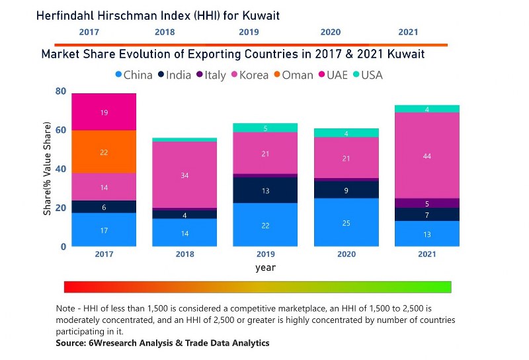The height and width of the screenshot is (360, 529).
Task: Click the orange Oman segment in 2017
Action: pyautogui.click(x=104, y=152)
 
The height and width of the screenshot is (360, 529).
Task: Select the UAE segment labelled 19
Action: pyautogui.click(x=104, y=112)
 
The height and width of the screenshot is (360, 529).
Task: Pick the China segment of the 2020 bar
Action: pyautogui.click(x=346, y=222)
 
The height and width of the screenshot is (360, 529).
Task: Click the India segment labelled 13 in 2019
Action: pyautogui.click(x=265, y=190)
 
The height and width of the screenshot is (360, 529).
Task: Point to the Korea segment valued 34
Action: pyautogui.click(x=184, y=175)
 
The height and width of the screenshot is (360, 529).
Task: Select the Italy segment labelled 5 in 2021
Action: pyautogui.click(x=427, y=203)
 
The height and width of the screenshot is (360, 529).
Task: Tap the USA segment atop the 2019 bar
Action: pyautogui.click(x=265, y=128)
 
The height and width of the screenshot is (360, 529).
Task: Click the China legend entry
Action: pyautogui.click(x=134, y=75)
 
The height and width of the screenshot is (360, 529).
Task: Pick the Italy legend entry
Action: pyautogui.click(x=210, y=75)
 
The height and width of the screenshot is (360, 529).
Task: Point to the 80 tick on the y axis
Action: pyautogui.click(x=60, y=91)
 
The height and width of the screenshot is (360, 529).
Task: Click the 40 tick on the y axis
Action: pyautogui.click(x=60, y=169)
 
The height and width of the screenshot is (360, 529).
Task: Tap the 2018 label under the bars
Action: pyautogui.click(x=184, y=254)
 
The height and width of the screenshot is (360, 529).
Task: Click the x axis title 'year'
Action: pyautogui.click(x=265, y=268)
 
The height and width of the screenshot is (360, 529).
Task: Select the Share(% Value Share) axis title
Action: pyautogui.click(x=48, y=169)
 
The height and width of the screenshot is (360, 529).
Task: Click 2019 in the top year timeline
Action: pyautogui.click(x=249, y=32)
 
